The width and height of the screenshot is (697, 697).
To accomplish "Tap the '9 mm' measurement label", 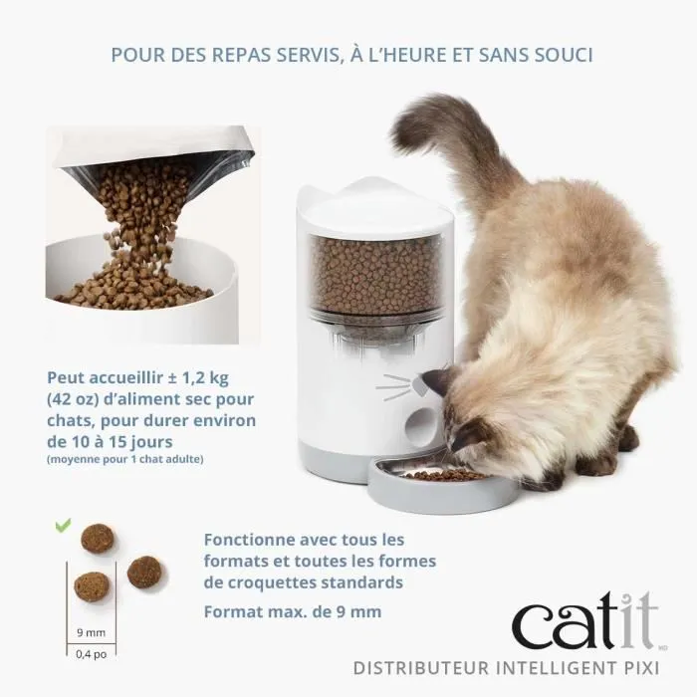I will point(90,630).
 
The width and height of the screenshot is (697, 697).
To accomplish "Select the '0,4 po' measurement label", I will point(90,654).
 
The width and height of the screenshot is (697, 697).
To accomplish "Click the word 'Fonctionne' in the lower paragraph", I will point(248,540).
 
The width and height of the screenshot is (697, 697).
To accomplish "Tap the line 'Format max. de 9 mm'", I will point(292,611).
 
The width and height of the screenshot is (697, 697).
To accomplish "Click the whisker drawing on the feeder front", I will point(393,384).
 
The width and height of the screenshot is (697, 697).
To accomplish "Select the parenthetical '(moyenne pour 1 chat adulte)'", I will point(123,459).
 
